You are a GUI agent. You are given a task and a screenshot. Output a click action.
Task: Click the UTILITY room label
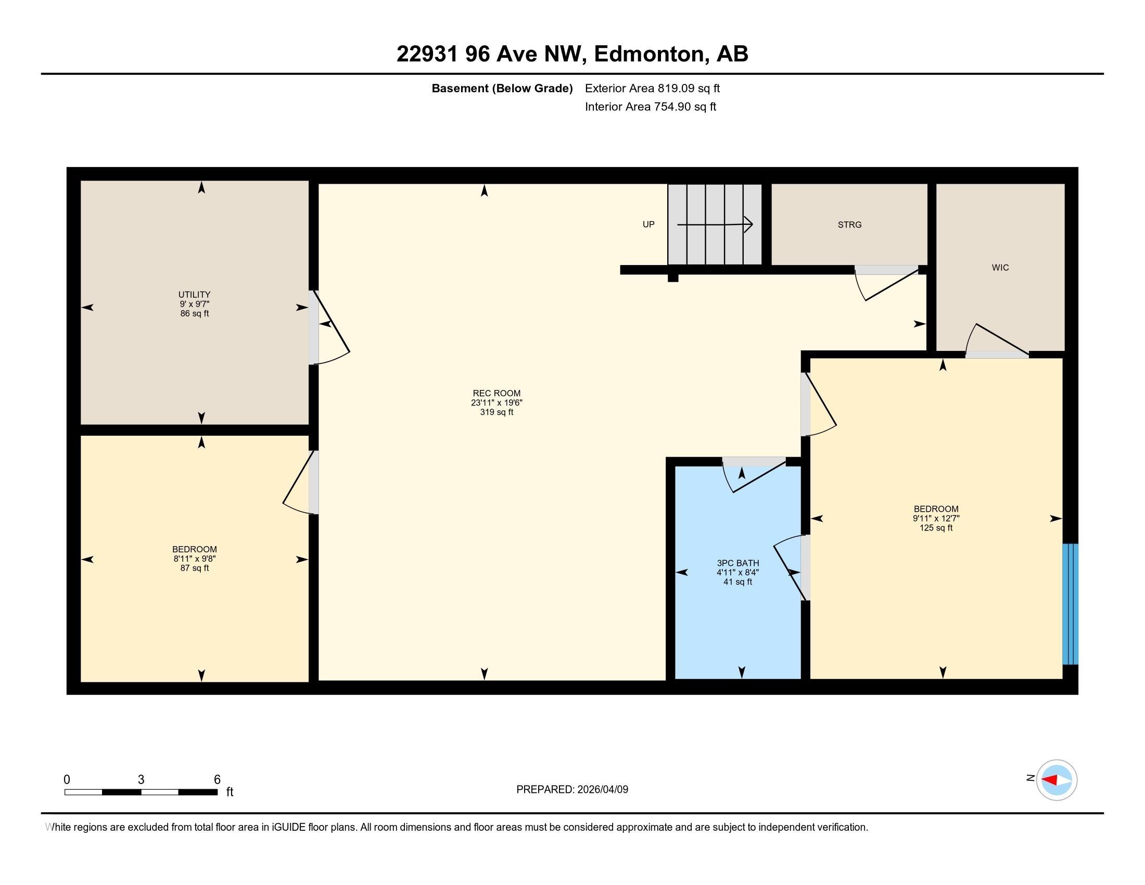[x=195, y=295]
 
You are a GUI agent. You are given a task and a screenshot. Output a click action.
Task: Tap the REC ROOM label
[x=497, y=393]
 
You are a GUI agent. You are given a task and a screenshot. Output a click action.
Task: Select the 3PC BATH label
[x=737, y=563]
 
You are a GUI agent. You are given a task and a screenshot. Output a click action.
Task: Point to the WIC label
[x=1000, y=268]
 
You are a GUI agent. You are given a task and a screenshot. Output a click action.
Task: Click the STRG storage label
[x=849, y=224]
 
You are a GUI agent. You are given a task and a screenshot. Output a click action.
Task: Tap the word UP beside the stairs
[x=648, y=224]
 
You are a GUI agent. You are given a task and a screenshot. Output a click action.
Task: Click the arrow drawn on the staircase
[x=715, y=224]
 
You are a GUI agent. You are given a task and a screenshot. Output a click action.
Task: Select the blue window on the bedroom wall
[x=1070, y=604]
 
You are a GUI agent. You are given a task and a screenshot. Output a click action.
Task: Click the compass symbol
[x=1057, y=780]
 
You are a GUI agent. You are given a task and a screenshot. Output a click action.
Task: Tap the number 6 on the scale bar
[x=217, y=780]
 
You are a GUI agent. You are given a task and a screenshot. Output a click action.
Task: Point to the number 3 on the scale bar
[x=141, y=780]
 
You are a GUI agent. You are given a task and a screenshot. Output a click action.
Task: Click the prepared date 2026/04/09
[x=602, y=789]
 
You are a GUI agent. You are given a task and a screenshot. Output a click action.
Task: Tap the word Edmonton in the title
[x=649, y=54]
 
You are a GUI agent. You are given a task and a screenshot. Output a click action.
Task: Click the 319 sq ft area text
[x=497, y=412]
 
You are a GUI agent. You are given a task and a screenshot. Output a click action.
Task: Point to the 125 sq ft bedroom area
[x=936, y=527]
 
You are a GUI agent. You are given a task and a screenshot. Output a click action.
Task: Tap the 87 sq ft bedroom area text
[x=195, y=568]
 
